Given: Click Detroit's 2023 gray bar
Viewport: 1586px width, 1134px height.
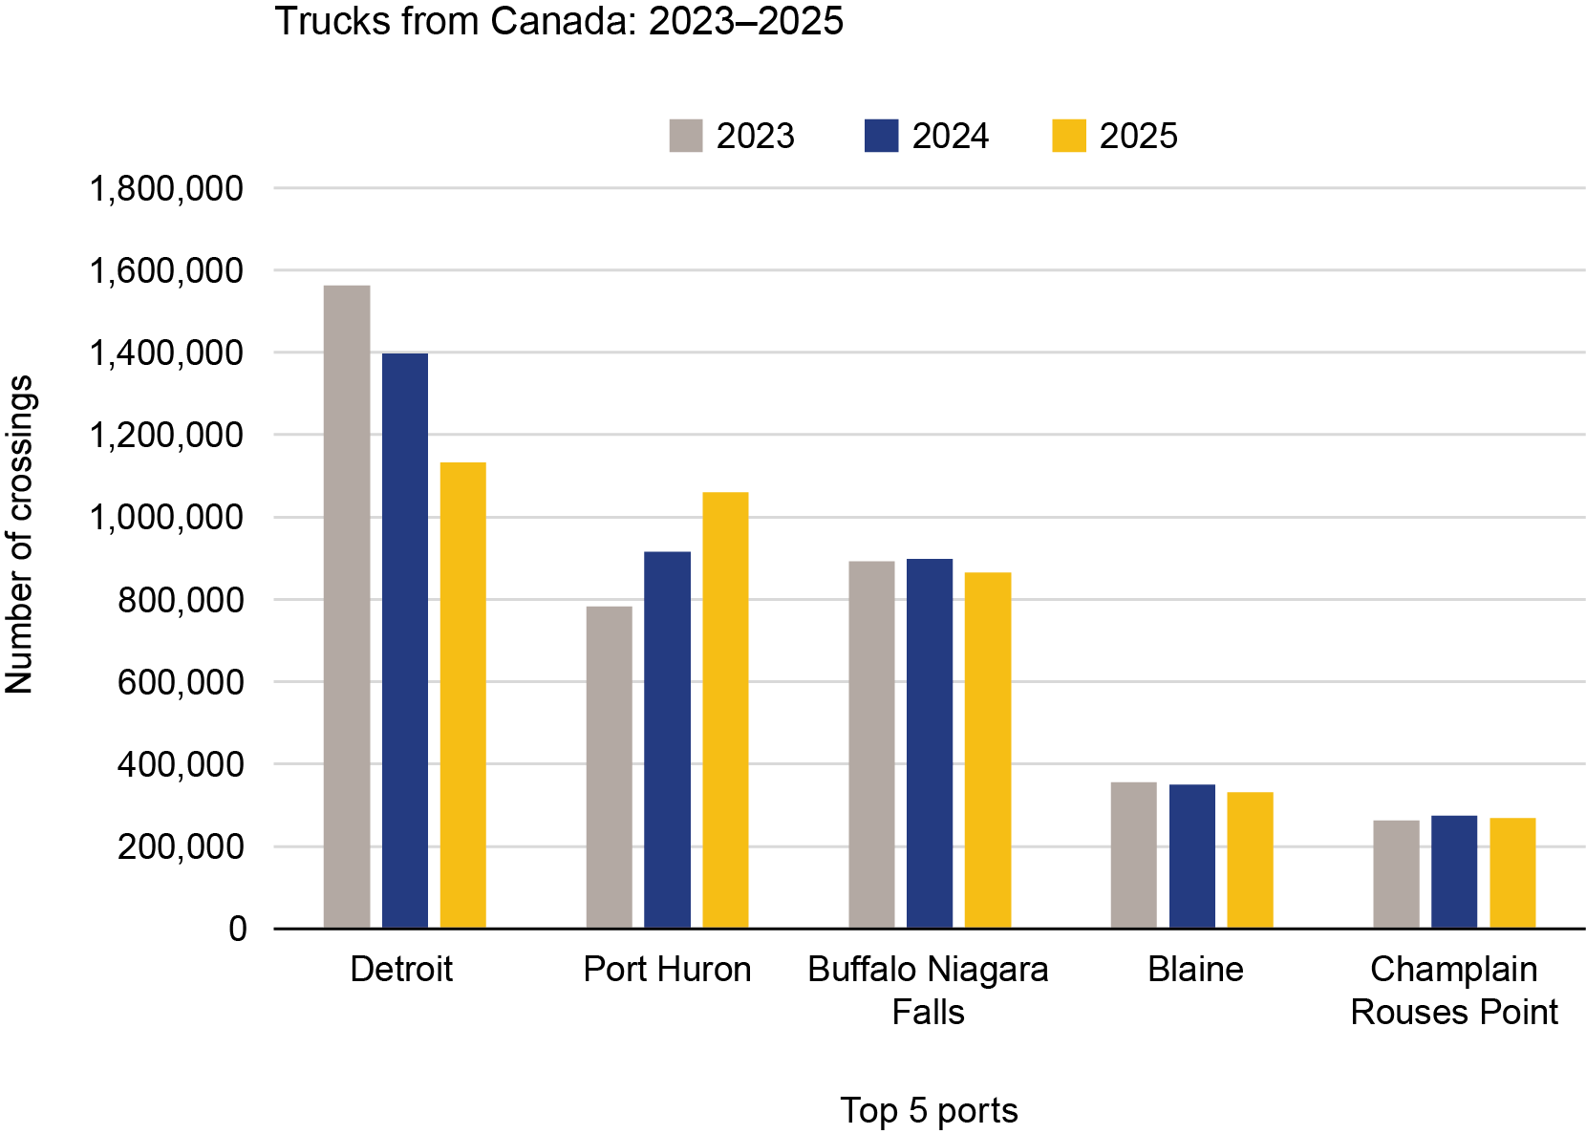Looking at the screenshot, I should (x=347, y=607).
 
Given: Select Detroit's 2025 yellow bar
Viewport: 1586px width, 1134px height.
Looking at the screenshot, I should (x=463, y=695).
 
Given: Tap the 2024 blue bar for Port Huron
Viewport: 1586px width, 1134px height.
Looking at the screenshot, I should (x=667, y=739).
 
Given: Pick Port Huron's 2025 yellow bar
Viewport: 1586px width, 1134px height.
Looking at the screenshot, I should (x=725, y=710).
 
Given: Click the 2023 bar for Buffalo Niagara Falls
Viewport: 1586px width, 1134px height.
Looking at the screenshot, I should (x=871, y=744).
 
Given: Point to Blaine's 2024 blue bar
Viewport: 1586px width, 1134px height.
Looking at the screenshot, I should (x=1192, y=856).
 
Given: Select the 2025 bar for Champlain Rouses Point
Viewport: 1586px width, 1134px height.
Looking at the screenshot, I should (x=1512, y=872).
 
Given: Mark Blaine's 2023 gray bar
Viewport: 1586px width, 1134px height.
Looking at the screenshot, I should (x=1133, y=855).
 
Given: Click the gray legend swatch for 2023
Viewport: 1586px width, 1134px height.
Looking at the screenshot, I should (x=686, y=136).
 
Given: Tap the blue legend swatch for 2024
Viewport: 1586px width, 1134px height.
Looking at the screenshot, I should (x=881, y=136).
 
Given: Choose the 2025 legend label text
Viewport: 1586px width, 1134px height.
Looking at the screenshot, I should (x=1138, y=136).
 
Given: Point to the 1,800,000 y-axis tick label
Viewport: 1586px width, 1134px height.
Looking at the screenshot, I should (x=166, y=188).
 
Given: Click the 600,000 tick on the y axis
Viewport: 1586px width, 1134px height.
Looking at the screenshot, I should (x=181, y=682).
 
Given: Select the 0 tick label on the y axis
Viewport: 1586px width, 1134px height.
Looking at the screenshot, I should (x=237, y=929).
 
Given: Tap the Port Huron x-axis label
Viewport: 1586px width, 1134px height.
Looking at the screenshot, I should (x=667, y=969).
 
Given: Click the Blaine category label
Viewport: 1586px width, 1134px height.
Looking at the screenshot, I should (x=1195, y=969).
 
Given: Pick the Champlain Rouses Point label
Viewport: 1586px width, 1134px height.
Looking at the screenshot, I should (x=1453, y=990).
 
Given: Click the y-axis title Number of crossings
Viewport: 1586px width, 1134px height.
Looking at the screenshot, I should (x=19, y=535).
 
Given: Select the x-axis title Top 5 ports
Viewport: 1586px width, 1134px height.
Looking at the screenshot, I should (x=929, y=1110).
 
